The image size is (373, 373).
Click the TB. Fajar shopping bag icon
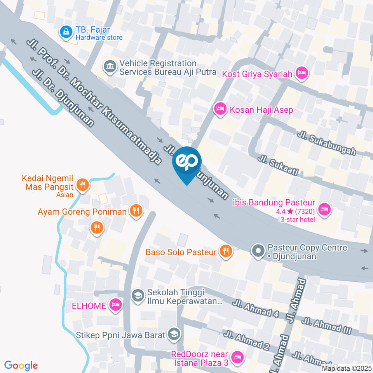tap(66, 32)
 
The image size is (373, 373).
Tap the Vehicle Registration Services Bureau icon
tap(110, 67)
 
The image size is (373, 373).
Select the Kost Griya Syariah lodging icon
tap(302, 73)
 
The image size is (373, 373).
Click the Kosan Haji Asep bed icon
tap(220, 109)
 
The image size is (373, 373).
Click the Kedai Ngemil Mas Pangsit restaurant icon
tap(82, 185)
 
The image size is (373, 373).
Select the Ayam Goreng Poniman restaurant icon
tap(135, 211)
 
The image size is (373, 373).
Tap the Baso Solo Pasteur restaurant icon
tap(225, 251)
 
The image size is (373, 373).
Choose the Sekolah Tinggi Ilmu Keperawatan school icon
tap(137, 296)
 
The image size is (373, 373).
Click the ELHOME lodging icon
tap(115, 305)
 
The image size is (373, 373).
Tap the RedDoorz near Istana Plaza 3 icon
tap(237, 357)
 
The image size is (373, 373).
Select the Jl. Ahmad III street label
tap(327, 326)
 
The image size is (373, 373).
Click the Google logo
tap(21, 366)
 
